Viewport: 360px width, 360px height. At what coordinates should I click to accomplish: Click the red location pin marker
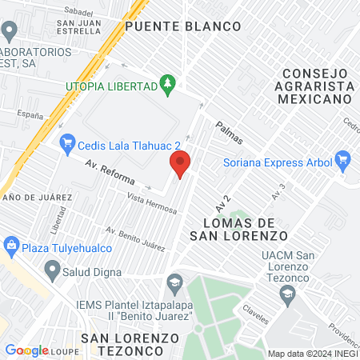point(180,164)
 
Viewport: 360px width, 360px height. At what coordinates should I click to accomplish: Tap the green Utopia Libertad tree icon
point(166,82)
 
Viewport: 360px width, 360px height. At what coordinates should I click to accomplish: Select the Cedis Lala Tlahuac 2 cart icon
point(67,143)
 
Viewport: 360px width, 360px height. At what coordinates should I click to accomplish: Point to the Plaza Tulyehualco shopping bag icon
point(11,245)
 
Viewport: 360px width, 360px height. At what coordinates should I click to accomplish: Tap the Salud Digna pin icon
point(52,270)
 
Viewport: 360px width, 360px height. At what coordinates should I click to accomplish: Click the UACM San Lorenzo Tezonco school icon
point(286,295)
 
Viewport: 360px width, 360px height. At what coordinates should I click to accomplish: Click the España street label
point(30,114)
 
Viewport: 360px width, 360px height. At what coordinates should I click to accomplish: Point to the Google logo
point(27,350)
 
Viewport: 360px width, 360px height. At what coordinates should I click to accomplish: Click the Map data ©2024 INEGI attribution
point(312,354)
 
